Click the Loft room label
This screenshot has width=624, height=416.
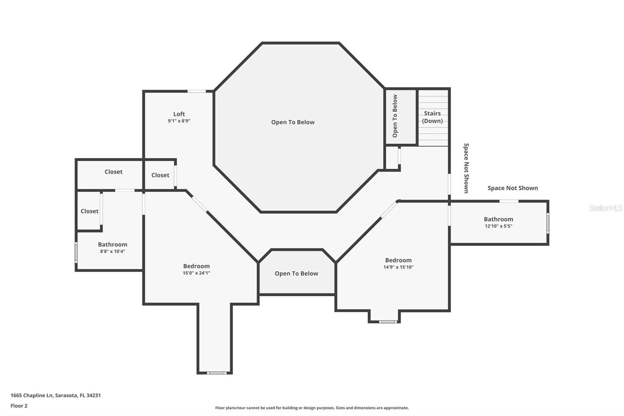click(179, 114)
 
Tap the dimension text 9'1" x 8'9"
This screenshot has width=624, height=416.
click(179, 121)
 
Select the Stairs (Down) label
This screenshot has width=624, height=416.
click(433, 117)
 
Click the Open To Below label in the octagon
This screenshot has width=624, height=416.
click(293, 122)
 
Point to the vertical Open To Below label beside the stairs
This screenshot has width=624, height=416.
click(395, 116)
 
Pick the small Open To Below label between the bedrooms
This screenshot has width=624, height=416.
click(296, 274)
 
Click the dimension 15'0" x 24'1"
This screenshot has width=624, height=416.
click(197, 273)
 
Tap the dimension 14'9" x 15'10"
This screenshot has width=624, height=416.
click(398, 267)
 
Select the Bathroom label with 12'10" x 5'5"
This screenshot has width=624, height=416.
click(498, 219)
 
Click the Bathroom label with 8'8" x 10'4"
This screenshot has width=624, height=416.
click(112, 245)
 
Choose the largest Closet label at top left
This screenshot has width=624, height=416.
click(113, 172)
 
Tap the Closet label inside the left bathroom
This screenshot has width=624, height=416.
click(89, 211)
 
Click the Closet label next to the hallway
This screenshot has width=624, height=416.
click(160, 175)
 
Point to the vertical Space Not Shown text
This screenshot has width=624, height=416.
click(466, 168)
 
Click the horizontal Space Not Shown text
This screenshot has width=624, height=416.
click(512, 188)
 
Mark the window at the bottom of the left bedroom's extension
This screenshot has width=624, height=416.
click(216, 373)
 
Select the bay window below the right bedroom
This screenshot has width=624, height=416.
click(388, 322)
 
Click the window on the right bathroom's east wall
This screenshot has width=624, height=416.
click(548, 223)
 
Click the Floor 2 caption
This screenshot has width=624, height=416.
click(19, 406)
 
